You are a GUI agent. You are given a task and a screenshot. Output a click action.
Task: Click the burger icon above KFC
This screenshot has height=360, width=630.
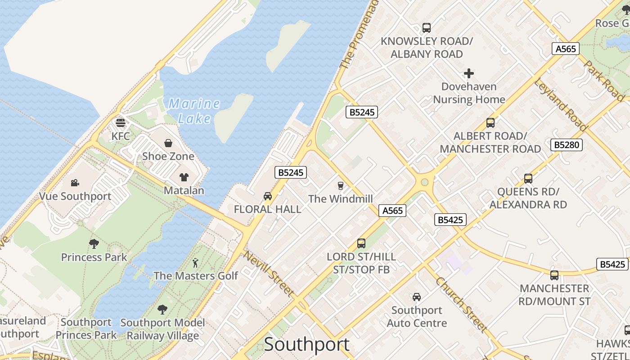click(120, 122)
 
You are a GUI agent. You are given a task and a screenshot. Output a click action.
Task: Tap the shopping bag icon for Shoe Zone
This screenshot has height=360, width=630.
click(168, 143)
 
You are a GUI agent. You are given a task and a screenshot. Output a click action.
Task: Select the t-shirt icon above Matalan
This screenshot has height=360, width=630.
click(184, 177)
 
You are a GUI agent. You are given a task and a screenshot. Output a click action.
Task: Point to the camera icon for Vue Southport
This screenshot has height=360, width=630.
click(75, 183)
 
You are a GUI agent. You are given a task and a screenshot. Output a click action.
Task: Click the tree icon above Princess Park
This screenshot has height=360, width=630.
click(94, 244)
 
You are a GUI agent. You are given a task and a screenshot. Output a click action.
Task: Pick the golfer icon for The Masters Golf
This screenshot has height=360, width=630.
click(195, 262)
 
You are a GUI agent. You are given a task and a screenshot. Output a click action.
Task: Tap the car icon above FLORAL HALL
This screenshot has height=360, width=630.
click(268, 196)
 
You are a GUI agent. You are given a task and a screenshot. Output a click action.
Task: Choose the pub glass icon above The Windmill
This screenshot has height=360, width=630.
click(341, 185)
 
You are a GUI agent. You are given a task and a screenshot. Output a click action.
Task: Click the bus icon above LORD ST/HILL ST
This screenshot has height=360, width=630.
click(361, 243)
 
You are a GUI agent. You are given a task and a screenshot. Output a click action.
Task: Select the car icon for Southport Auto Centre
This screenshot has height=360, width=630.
click(417, 297)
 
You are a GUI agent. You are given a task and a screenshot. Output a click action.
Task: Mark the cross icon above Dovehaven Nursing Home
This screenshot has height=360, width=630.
click(469, 73)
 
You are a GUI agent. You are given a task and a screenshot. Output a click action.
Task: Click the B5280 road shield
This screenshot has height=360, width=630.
click(567, 145)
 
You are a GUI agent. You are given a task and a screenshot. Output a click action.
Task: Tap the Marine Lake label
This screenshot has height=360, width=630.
click(194, 111)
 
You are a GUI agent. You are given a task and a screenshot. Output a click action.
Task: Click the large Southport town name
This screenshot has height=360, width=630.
click(306, 344)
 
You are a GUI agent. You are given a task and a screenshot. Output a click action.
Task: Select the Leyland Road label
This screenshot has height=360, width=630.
click(560, 105)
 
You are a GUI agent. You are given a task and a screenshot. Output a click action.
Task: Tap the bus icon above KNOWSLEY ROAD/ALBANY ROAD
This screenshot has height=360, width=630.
click(426, 28)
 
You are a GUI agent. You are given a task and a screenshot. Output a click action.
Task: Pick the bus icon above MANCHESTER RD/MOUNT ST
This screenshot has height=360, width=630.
click(554, 275)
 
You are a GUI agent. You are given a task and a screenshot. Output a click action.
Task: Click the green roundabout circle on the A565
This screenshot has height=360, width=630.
click(423, 182)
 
